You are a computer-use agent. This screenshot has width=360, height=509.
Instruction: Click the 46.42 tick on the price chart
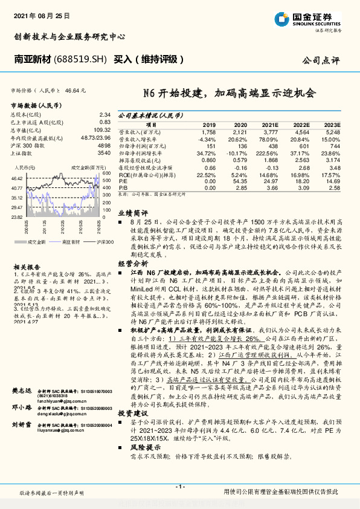(x=16, y=179)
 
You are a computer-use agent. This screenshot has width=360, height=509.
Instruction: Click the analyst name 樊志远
(x=22, y=376)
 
